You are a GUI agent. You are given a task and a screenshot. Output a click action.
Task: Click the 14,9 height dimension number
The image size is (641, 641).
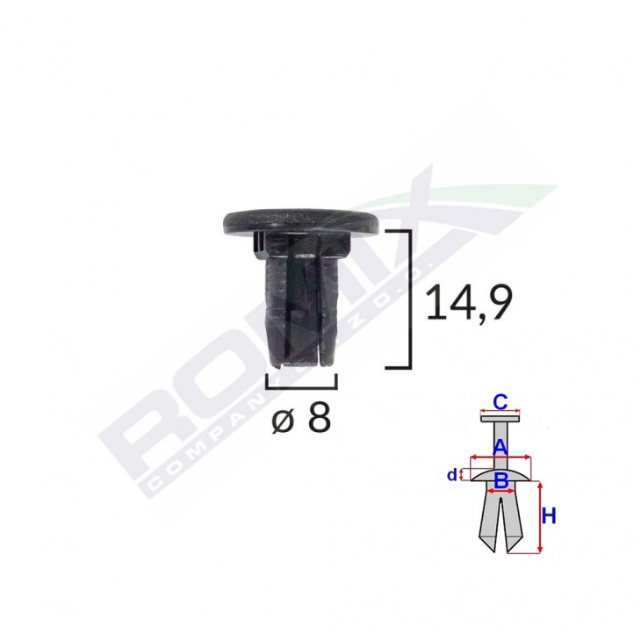click(466, 303)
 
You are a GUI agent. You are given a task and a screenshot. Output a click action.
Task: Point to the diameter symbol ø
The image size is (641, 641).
click(284, 421)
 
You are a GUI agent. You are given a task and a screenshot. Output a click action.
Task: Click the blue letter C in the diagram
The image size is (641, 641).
click(500, 402)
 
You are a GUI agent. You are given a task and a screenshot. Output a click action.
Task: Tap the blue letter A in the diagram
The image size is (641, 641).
click(500, 446)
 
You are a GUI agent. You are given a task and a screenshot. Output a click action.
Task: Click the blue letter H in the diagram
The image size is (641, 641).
click(549, 517)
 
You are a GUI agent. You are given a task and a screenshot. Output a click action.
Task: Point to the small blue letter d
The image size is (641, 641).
click(451, 475)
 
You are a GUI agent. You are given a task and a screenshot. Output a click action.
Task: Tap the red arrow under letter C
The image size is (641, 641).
click(500, 414)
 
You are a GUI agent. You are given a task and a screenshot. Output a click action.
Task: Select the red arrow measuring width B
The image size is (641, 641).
click(500, 490)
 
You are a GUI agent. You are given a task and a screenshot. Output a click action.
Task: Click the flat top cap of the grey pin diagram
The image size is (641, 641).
click(500, 419)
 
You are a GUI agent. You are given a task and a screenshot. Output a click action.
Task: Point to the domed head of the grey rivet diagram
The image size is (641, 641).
click(500, 472)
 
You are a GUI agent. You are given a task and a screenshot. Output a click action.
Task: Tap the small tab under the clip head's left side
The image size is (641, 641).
click(257, 243)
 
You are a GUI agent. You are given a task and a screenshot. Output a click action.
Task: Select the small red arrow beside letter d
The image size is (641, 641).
click(462, 475)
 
